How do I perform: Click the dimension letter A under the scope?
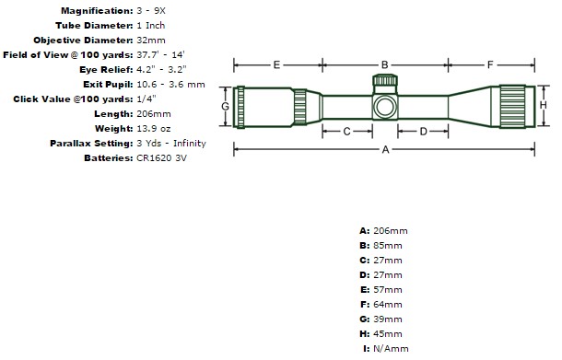385,149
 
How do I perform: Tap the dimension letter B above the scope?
384,64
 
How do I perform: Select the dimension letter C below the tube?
346,132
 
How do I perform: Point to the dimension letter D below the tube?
423,132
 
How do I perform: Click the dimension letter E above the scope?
276,64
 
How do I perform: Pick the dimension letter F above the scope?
490,64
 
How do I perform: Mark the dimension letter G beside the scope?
225,106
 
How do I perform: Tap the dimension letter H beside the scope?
544,105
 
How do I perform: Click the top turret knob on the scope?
385,79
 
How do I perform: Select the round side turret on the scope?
385,107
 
